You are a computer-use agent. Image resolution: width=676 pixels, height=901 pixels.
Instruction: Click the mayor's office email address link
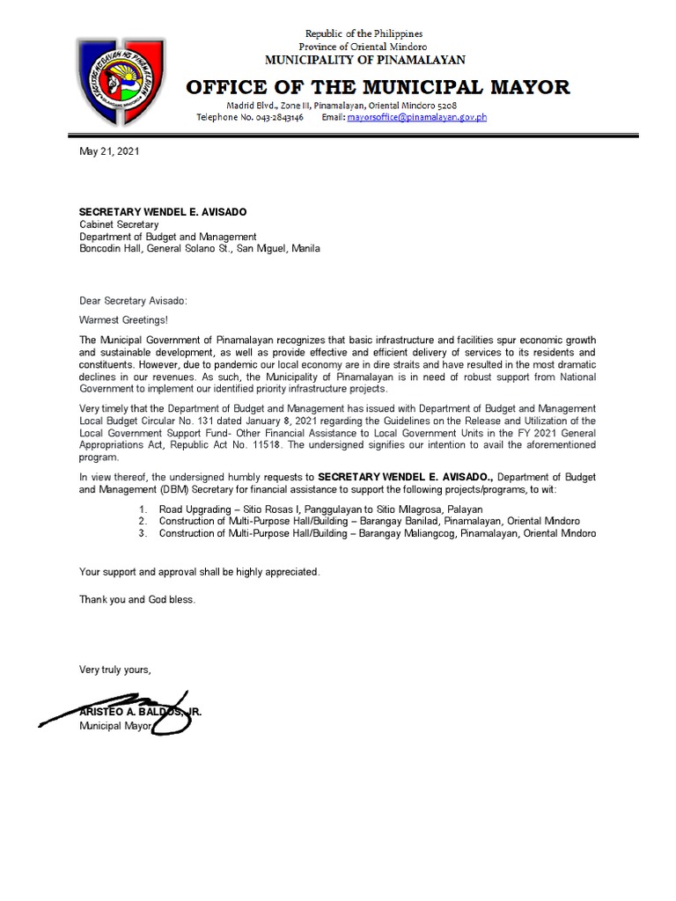[x=416, y=117]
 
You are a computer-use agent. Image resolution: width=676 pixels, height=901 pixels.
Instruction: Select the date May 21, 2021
[x=109, y=151]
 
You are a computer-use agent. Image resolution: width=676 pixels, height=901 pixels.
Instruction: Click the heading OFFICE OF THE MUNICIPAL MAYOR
[x=378, y=87]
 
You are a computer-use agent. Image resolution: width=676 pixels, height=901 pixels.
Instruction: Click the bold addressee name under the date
[x=163, y=212]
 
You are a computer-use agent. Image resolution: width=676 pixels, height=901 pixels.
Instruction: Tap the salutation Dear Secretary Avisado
[x=133, y=301]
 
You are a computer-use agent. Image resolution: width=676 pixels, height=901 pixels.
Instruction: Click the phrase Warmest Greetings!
[x=123, y=319]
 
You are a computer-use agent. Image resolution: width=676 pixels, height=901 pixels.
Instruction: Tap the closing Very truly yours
[x=115, y=670]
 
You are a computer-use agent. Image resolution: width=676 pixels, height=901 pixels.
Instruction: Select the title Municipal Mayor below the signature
[x=115, y=726]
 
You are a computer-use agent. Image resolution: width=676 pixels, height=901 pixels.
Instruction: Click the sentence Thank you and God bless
[x=137, y=599]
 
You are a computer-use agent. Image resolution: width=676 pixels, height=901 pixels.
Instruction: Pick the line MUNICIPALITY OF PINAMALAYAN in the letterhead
[x=365, y=60]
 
